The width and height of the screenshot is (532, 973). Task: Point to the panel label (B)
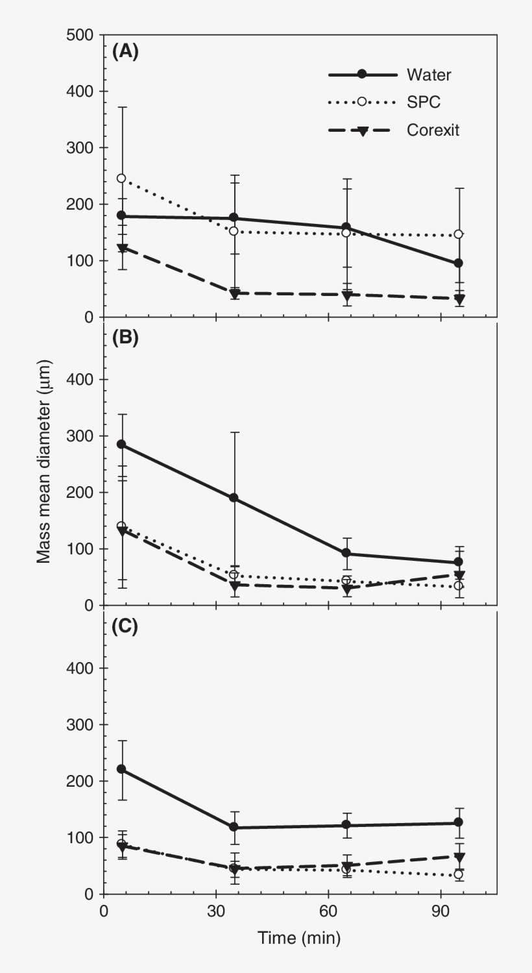(x=125, y=338)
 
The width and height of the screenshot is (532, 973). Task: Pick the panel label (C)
(x=125, y=627)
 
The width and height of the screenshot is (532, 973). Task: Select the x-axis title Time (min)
(x=299, y=937)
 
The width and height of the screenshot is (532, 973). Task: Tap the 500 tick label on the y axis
(x=79, y=35)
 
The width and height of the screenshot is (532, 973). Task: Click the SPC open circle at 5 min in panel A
(x=121, y=179)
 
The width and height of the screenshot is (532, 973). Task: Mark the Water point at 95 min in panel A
(x=459, y=263)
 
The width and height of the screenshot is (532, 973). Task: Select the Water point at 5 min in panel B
(x=121, y=445)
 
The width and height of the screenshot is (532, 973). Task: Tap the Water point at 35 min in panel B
(x=234, y=498)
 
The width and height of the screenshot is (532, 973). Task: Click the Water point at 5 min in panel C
(x=121, y=769)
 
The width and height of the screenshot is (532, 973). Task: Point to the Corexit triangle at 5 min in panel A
(x=121, y=249)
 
